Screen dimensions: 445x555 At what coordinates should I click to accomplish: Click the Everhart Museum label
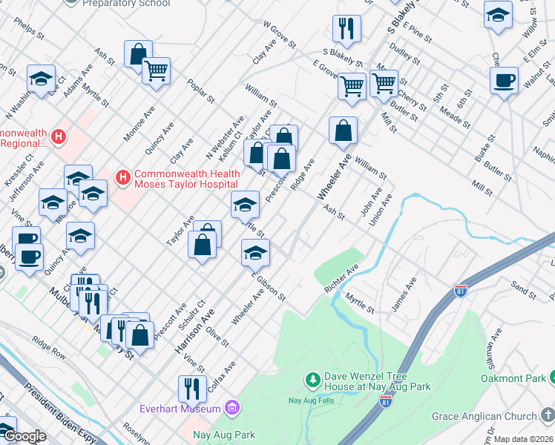click(180, 409)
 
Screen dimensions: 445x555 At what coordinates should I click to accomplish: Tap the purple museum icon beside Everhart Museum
click(232, 408)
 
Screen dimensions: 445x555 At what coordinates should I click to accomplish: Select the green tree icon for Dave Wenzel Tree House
click(313, 380)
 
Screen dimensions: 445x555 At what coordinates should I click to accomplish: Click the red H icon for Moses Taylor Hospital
click(122, 178)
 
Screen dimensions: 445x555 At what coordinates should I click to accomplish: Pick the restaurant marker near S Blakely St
click(347, 29)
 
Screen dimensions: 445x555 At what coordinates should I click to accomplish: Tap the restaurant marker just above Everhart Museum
click(191, 388)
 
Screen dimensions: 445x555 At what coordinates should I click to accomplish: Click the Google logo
click(24, 435)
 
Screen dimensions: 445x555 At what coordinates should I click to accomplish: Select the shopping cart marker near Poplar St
click(156, 71)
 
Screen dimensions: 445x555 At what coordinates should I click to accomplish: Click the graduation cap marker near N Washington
click(42, 78)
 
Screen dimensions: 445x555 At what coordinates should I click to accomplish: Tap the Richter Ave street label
click(341, 276)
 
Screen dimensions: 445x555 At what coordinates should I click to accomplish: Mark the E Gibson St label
click(269, 285)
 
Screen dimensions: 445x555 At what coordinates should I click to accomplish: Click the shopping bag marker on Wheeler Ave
click(343, 131)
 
